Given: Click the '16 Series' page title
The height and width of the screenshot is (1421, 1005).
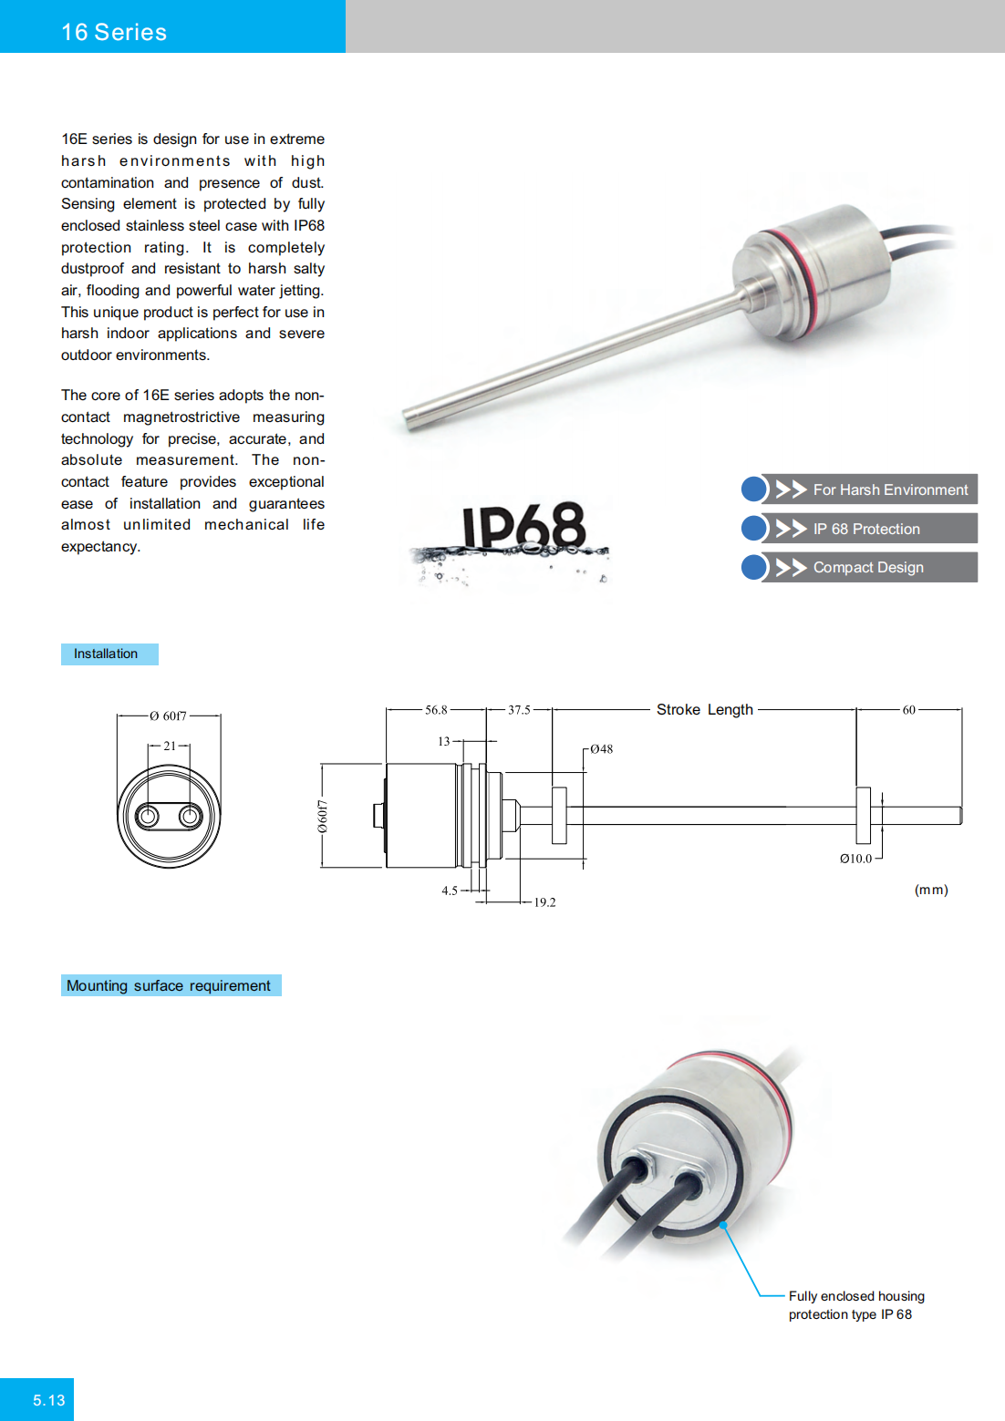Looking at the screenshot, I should [x=114, y=32].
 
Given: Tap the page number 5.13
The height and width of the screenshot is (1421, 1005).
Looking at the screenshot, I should [x=49, y=1400].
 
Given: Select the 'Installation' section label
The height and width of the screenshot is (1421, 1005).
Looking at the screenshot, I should [x=106, y=654].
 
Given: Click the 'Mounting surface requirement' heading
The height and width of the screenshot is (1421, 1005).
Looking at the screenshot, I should [x=169, y=985].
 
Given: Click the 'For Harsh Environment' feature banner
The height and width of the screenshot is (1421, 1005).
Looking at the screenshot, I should [x=870, y=489].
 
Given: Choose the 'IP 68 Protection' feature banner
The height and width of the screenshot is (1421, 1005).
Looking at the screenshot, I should [x=870, y=529].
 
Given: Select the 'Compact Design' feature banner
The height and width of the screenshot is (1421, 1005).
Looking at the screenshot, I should [x=870, y=567].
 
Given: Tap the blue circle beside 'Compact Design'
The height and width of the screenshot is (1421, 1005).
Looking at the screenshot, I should [x=754, y=567].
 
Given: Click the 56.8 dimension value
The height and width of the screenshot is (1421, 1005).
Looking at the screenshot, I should [x=436, y=709].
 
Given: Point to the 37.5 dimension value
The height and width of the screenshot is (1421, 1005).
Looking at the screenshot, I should [x=519, y=709].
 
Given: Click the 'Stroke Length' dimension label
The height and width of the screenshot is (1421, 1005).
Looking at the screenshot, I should [x=705, y=709].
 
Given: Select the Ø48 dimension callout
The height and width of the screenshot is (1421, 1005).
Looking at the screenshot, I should [x=601, y=749].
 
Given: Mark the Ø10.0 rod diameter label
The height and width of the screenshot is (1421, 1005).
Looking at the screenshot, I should [x=855, y=859].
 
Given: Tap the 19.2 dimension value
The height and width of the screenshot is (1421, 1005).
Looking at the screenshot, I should [x=544, y=902].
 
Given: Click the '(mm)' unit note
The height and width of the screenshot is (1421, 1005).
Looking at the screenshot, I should [x=931, y=890].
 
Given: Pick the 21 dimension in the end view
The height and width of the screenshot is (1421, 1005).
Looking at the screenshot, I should [x=170, y=746].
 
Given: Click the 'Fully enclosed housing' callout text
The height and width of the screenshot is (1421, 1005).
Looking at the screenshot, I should [x=855, y=1296].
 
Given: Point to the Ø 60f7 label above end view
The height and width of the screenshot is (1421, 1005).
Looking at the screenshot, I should [x=169, y=716].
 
